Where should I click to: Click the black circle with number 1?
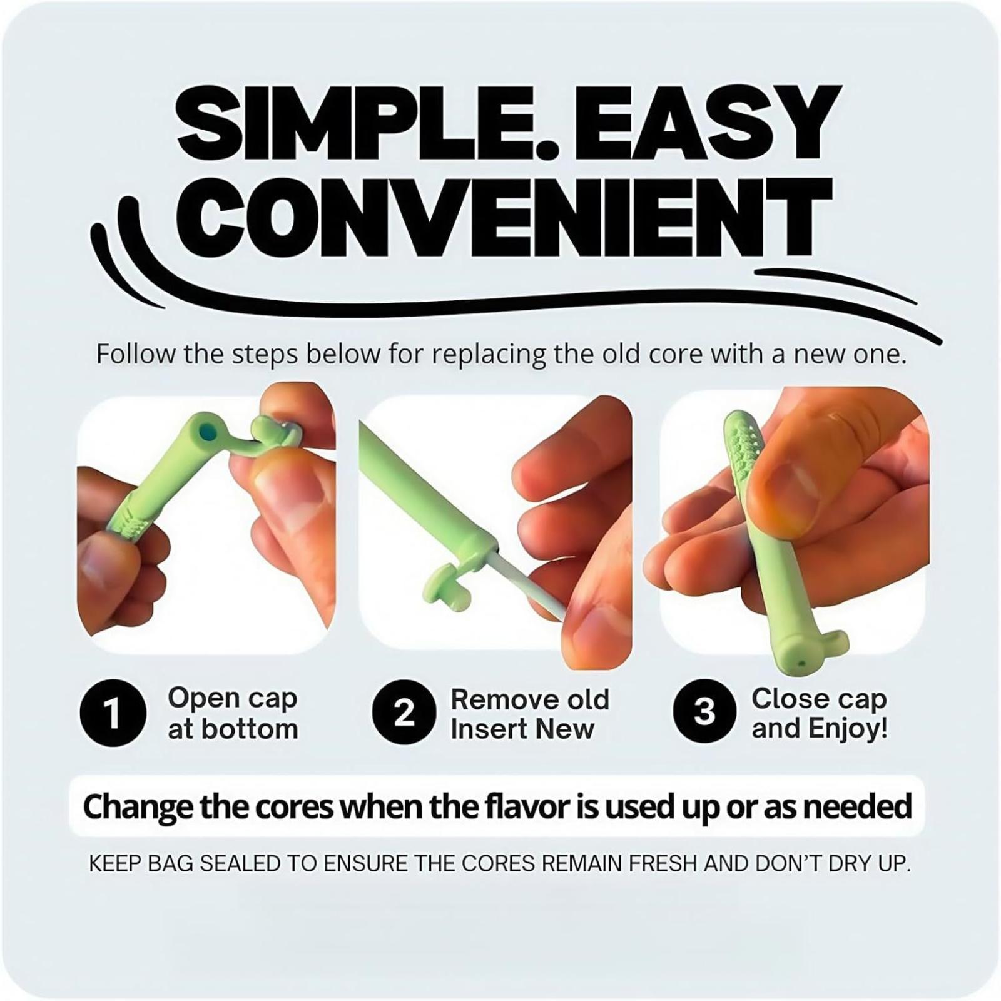point(113,714)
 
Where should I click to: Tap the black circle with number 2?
point(404,713)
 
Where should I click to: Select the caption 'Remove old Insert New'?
point(530,714)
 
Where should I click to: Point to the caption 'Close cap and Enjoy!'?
point(820,714)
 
